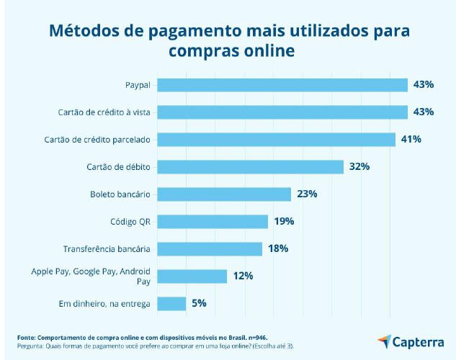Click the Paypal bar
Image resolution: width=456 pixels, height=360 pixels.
coord(282,85)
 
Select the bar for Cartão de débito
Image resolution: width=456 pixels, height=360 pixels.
coord(250,167)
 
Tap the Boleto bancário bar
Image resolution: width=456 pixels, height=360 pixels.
coord(224,194)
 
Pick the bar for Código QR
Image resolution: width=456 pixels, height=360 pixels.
coord(213,221)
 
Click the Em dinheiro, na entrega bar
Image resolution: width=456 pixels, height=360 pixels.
coord(171,303)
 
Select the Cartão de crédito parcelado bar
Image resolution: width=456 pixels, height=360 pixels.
coord(276,139)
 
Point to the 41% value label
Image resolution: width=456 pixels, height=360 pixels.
coord(411,139)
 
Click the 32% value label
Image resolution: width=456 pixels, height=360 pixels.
coord(359,166)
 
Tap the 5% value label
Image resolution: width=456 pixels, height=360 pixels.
coord(200,303)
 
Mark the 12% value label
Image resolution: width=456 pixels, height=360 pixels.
coord(243,276)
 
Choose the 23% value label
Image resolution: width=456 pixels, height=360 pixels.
coord(307,194)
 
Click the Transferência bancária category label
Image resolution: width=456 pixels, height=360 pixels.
coord(106,249)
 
